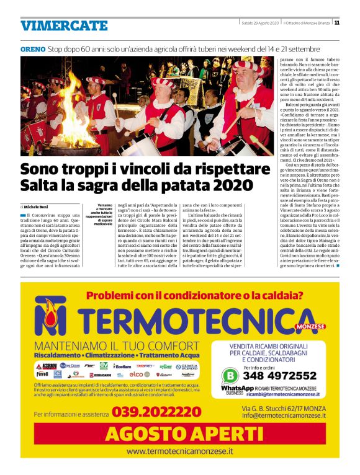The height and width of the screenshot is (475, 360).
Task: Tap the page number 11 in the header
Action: [x=336, y=23]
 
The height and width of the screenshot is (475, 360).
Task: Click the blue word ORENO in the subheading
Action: [x=32, y=48]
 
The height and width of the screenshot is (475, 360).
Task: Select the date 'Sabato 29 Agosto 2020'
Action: [x=259, y=23]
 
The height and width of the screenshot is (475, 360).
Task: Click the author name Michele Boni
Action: [x=43, y=205]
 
